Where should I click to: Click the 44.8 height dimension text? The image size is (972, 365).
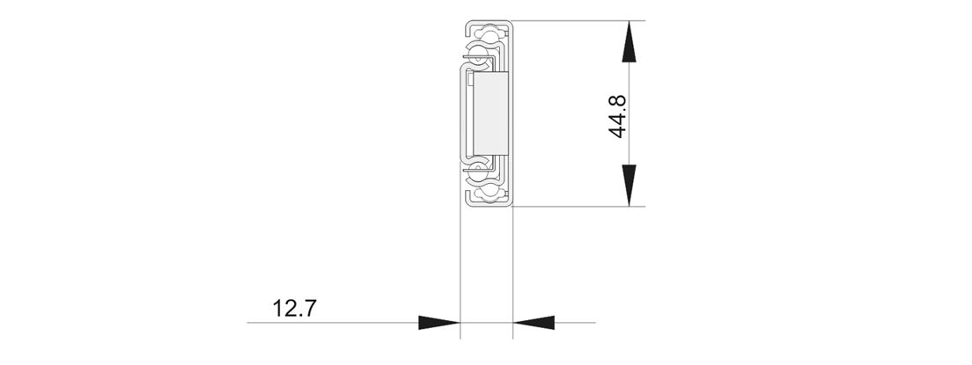point(617,113)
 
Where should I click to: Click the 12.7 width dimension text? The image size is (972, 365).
point(294,309)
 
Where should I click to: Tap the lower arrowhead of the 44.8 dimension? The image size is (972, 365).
point(629,185)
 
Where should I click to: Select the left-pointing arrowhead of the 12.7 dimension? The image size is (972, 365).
point(534,323)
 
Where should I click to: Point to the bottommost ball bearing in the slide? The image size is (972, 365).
point(485,191)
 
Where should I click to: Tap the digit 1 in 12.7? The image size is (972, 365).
point(277,309)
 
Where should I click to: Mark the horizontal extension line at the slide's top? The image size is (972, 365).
point(572,21)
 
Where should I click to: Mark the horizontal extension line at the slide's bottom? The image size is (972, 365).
point(572,207)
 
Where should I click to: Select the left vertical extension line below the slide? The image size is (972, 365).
point(460,264)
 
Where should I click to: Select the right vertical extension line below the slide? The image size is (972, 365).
point(513,264)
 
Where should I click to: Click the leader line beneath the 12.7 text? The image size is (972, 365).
point(335,323)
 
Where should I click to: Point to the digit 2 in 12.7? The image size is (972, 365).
point(288,309)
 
